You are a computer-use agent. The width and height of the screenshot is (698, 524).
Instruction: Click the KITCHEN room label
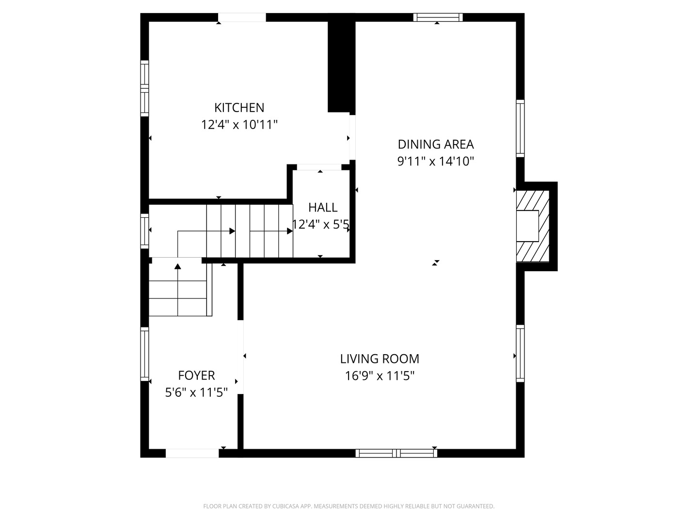[239, 107]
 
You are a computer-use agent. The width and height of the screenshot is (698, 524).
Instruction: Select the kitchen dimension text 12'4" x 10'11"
[239, 125]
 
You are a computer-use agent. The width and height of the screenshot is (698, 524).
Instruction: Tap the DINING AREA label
[435, 144]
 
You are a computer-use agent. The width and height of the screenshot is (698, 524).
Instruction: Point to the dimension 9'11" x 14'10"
[435, 161]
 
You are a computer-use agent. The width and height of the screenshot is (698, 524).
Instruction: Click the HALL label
[323, 207]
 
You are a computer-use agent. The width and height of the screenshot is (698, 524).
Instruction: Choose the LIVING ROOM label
[380, 359]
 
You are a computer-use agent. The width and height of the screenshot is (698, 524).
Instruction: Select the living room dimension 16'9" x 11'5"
[380, 376]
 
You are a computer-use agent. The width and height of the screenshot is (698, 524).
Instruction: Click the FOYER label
[196, 375]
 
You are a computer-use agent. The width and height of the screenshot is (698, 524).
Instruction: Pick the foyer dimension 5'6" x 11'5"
[196, 392]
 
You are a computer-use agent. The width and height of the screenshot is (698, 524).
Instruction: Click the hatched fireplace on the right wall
[533, 226]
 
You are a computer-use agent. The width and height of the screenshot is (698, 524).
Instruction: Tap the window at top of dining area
[438, 17]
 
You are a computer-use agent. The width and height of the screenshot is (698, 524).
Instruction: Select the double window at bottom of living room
[396, 453]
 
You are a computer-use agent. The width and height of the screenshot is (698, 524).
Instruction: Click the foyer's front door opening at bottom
[192, 453]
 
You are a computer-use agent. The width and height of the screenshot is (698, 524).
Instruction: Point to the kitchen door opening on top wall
[241, 17]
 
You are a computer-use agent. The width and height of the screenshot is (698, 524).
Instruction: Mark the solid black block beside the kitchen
[341, 65]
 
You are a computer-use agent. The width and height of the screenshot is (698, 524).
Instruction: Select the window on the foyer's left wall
[144, 354]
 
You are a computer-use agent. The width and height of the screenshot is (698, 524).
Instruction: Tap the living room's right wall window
[520, 353]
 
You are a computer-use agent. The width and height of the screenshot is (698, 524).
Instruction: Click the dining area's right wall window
[520, 128]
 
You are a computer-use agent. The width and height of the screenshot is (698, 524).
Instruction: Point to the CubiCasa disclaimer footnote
[349, 506]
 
